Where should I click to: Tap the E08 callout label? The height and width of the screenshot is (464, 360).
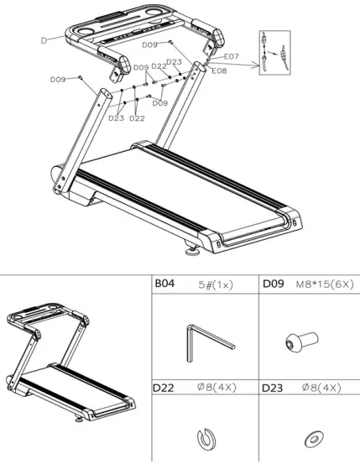pyautogui.click(x=219, y=71)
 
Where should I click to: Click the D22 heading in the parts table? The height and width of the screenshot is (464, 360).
pyautogui.click(x=164, y=388)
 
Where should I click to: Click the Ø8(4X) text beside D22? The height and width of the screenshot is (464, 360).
pyautogui.click(x=217, y=388)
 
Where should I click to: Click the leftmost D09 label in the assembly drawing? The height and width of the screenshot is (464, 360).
pyautogui.click(x=58, y=79)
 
